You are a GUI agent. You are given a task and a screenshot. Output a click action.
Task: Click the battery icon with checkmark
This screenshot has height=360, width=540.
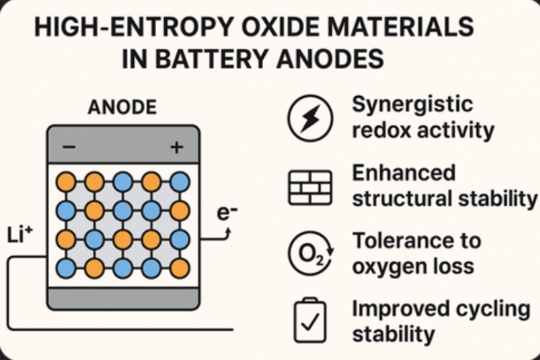pyautogui.click(x=310, y=320)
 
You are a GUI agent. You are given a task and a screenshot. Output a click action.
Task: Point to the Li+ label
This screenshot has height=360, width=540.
pyautogui.click(x=20, y=235)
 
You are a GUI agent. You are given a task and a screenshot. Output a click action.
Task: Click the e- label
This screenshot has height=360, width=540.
pyautogui.click(x=227, y=213)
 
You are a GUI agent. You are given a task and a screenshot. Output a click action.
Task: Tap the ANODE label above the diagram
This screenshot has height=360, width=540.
pyautogui.click(x=123, y=108)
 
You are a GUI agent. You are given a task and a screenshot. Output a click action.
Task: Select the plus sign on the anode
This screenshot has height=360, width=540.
pyautogui.click(x=176, y=147)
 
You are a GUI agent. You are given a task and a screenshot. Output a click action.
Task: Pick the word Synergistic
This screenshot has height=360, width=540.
pyautogui.click(x=412, y=105)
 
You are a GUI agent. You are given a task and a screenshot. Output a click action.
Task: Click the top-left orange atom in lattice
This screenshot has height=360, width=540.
pyautogui.click(x=65, y=182)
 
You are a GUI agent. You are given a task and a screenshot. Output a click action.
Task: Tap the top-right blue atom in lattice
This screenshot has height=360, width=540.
pyautogui.click(x=180, y=182)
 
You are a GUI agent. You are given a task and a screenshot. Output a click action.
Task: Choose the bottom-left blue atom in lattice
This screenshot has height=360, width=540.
pyautogui.click(x=65, y=267)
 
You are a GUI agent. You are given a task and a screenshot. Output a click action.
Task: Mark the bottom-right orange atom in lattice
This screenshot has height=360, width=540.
pyautogui.click(x=180, y=267)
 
